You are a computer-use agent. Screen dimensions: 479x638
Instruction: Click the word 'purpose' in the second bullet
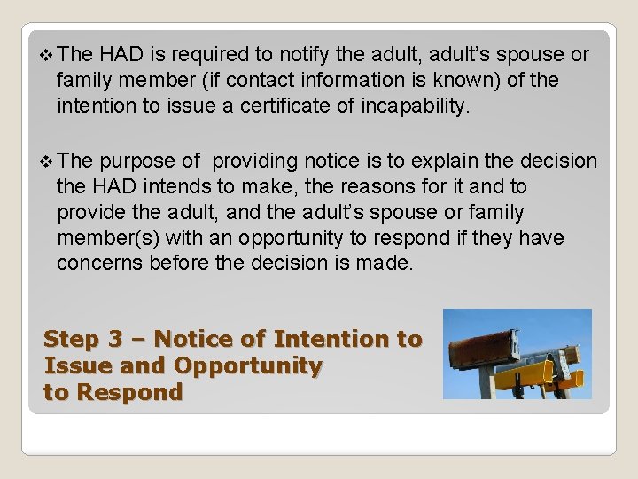click(137, 161)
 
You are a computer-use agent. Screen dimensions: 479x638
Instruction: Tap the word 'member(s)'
click(100, 238)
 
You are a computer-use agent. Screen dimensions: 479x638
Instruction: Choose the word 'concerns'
click(96, 263)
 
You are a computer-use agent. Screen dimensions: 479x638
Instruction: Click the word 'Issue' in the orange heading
click(74, 365)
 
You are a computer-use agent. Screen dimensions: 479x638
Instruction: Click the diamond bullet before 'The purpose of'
click(48, 161)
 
